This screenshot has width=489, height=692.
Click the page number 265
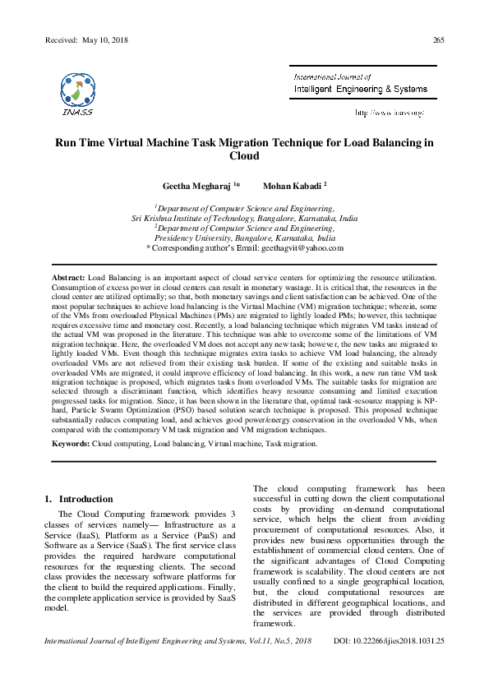point(438,40)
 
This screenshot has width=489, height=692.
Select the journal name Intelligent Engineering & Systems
point(361,88)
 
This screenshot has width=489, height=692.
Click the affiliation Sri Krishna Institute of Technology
point(220,219)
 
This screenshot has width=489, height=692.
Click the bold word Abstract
point(68,280)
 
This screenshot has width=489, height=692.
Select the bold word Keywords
point(71,443)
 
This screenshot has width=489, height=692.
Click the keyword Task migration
point(290,443)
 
